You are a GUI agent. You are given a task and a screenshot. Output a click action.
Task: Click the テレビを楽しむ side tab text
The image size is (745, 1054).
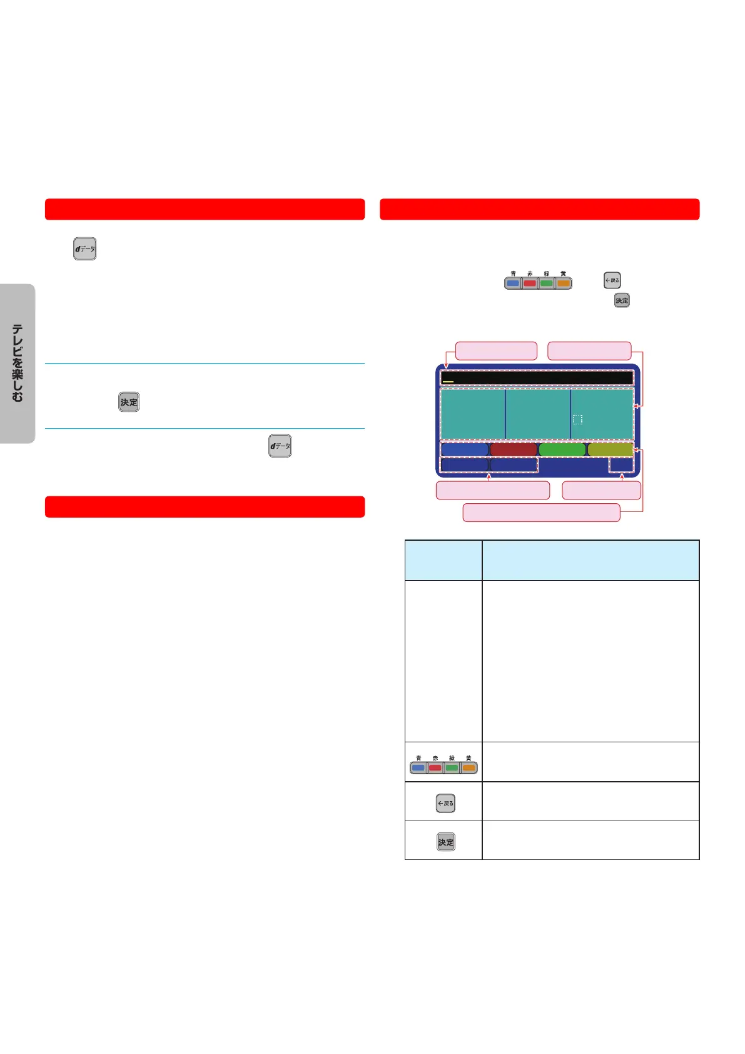click(18, 363)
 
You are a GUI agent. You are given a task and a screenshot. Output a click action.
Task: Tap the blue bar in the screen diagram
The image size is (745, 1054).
click(464, 449)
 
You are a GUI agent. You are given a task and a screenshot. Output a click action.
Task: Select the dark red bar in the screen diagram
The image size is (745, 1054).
click(513, 449)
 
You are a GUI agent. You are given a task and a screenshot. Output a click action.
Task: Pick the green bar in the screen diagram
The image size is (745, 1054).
click(562, 449)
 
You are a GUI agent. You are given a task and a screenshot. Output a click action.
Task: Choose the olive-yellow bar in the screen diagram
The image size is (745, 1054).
click(611, 449)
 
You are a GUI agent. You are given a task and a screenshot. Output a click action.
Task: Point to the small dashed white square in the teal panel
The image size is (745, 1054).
click(577, 419)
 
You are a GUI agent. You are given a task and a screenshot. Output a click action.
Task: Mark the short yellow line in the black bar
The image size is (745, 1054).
click(448, 381)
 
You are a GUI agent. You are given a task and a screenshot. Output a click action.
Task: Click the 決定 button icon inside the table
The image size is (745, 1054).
click(446, 842)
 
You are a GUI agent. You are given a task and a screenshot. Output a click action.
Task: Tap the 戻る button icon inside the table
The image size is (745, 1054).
click(445, 803)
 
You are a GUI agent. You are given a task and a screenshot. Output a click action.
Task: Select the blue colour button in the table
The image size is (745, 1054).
click(418, 767)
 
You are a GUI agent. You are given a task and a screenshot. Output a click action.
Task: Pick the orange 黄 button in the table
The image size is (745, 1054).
click(469, 767)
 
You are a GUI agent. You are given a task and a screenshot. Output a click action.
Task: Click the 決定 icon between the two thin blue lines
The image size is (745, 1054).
click(129, 402)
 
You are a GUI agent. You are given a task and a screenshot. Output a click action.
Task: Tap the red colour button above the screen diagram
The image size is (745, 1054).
click(530, 283)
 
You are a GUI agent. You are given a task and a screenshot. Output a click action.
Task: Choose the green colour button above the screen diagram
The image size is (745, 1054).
click(546, 283)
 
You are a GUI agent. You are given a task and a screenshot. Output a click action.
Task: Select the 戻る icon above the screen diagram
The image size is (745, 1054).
click(612, 280)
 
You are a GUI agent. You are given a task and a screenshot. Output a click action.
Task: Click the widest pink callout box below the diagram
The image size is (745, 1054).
click(541, 512)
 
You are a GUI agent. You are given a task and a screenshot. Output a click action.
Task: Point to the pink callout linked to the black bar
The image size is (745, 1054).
click(496, 350)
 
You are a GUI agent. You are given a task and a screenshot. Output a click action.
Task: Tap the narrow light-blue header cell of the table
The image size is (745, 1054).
click(443, 560)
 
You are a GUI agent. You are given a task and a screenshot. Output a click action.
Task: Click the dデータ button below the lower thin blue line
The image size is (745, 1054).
click(280, 446)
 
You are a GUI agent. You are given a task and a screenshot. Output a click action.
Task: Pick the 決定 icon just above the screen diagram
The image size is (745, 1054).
click(622, 300)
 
